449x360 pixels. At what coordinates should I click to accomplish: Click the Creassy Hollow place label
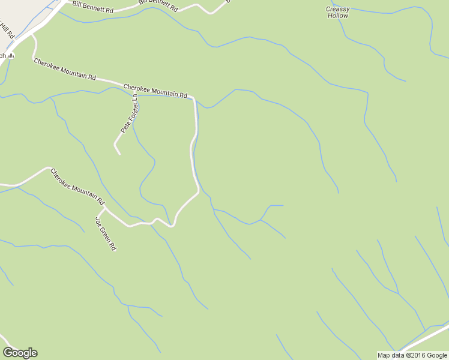point(337,12)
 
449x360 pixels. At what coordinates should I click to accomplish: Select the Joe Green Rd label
point(105,233)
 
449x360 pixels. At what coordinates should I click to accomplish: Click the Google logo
point(20,353)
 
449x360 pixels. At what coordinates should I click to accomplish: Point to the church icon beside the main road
point(11,56)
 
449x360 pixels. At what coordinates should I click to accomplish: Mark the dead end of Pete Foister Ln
point(119,154)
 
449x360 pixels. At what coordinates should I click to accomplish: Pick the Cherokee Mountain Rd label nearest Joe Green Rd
point(77,186)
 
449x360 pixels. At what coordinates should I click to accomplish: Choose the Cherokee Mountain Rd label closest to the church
point(65,70)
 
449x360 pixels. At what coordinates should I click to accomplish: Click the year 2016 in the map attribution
point(418,355)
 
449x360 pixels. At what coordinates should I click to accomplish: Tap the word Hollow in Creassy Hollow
point(338,16)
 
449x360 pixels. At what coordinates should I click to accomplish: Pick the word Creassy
point(337,8)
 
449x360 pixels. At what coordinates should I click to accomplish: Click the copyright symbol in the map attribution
point(407,355)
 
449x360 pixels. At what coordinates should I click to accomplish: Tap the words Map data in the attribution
point(391,355)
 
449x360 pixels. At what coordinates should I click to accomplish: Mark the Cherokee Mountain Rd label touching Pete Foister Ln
point(155,91)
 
